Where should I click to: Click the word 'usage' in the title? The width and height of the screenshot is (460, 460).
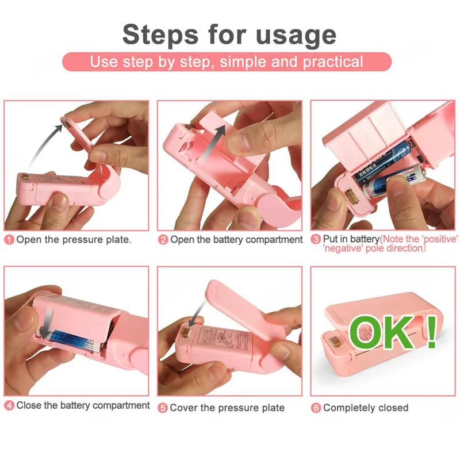pos(293,34)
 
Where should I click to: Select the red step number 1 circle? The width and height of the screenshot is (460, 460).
pos(9,240)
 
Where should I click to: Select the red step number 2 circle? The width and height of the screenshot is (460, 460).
pos(163,240)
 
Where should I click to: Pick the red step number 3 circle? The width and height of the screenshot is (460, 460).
pos(316,239)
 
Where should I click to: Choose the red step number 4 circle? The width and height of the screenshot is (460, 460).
pos(9,406)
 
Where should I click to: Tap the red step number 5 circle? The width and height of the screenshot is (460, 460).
pos(163,408)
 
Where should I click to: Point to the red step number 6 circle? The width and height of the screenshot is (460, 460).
pos(316,408)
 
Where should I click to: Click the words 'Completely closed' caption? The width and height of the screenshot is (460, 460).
pos(366,408)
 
